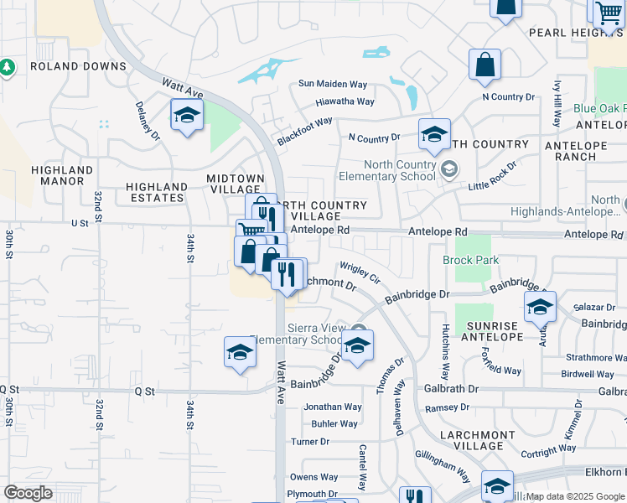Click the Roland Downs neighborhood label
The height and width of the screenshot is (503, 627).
pyautogui.click(x=77, y=66)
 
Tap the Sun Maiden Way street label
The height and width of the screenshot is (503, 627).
pyautogui.click(x=334, y=85)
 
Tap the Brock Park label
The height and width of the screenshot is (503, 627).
pyautogui.click(x=470, y=261)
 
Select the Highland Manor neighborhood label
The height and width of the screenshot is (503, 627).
pyautogui.click(x=57, y=175)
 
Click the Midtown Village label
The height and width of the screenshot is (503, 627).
pyautogui.click(x=236, y=184)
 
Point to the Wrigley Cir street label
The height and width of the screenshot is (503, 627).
pyautogui.click(x=360, y=271)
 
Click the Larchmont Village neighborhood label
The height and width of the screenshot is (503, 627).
pyautogui.click(x=476, y=441)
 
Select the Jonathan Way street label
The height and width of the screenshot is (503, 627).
pyautogui.click(x=333, y=407)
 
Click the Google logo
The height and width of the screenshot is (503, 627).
pyautogui.click(x=28, y=493)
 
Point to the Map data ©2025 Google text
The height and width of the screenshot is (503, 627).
pyautogui.click(x=575, y=496)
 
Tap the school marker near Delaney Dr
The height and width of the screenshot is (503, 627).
pyautogui.click(x=187, y=117)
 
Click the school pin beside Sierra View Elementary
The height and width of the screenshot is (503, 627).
pyautogui.click(x=357, y=347)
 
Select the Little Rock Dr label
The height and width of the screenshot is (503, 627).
pyautogui.click(x=492, y=174)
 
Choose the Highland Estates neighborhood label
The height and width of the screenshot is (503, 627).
pyautogui.click(x=157, y=192)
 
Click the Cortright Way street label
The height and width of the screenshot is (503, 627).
pyautogui.click(x=549, y=452)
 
